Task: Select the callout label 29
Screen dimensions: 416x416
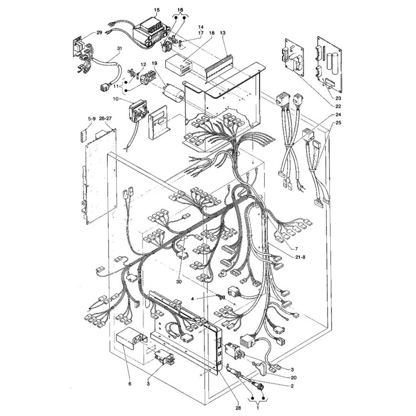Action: pos(99,33)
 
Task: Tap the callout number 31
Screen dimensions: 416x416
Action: pos(120,49)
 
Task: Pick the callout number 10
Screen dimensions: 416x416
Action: pos(116,99)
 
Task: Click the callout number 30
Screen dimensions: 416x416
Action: pos(179,281)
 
